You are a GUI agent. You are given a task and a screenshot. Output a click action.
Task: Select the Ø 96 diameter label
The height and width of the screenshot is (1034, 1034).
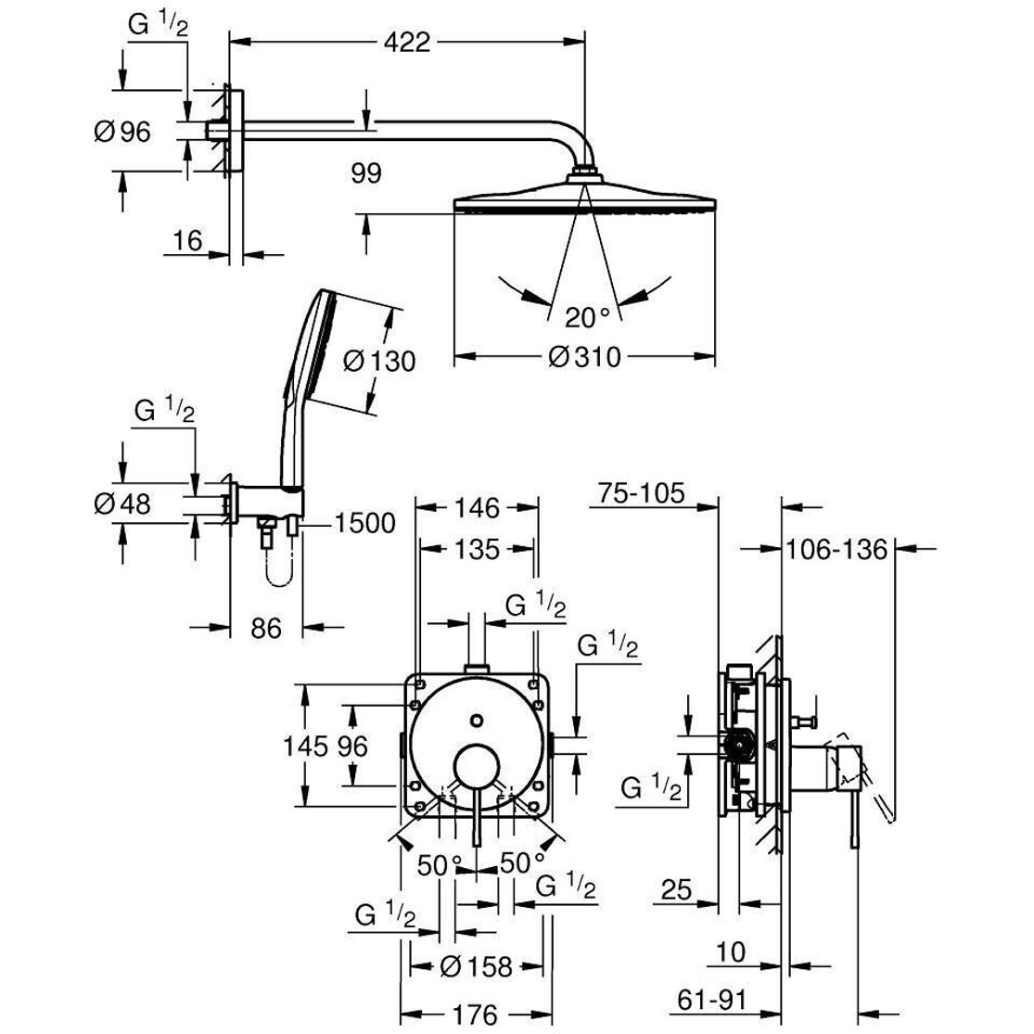click(122, 133)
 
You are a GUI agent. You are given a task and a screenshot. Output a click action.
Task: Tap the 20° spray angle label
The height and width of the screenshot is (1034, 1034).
click(587, 318)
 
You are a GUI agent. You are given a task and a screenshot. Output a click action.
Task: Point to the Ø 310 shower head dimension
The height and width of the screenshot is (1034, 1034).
click(584, 357)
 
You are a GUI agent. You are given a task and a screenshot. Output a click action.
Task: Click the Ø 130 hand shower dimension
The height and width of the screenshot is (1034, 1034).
click(379, 360)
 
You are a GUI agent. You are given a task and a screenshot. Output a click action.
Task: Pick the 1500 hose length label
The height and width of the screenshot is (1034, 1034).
click(364, 524)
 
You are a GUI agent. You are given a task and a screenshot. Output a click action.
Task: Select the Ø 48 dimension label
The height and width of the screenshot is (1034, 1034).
click(122, 504)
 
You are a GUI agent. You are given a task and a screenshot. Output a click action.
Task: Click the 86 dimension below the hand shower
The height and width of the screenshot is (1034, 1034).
click(265, 628)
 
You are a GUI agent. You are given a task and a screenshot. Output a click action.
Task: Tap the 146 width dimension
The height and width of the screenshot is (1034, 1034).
click(477, 508)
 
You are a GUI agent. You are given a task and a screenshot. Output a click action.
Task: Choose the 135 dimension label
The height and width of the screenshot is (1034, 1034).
click(477, 550)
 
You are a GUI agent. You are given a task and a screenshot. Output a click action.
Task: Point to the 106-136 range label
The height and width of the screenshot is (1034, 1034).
click(836, 550)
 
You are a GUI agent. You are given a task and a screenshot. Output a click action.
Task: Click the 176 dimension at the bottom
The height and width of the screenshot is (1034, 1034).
click(477, 1014)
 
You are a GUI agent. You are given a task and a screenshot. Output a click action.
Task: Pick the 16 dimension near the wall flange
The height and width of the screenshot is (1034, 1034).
click(186, 241)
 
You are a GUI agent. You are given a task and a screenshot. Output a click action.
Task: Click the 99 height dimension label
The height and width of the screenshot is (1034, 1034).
click(366, 173)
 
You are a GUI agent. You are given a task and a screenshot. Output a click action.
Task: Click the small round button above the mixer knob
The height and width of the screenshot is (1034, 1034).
click(477, 721)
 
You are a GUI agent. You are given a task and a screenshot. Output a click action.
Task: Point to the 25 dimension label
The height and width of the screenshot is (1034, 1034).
click(678, 891)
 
